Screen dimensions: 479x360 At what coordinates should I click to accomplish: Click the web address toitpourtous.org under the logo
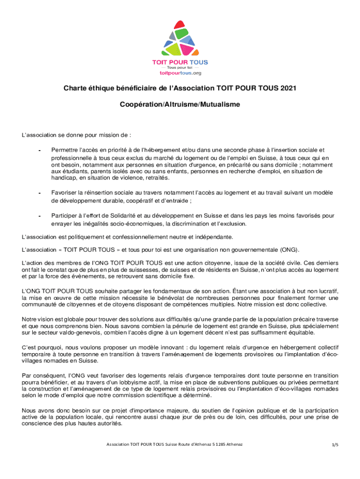pos(180,73)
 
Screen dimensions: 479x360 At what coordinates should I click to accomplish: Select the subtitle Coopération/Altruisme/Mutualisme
pos(180,105)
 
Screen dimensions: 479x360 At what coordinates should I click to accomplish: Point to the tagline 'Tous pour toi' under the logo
pos(180,68)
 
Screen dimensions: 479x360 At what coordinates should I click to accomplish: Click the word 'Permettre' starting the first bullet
pos(65,150)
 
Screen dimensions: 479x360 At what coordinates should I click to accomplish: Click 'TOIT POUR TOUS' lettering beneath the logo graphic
pos(180,62)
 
